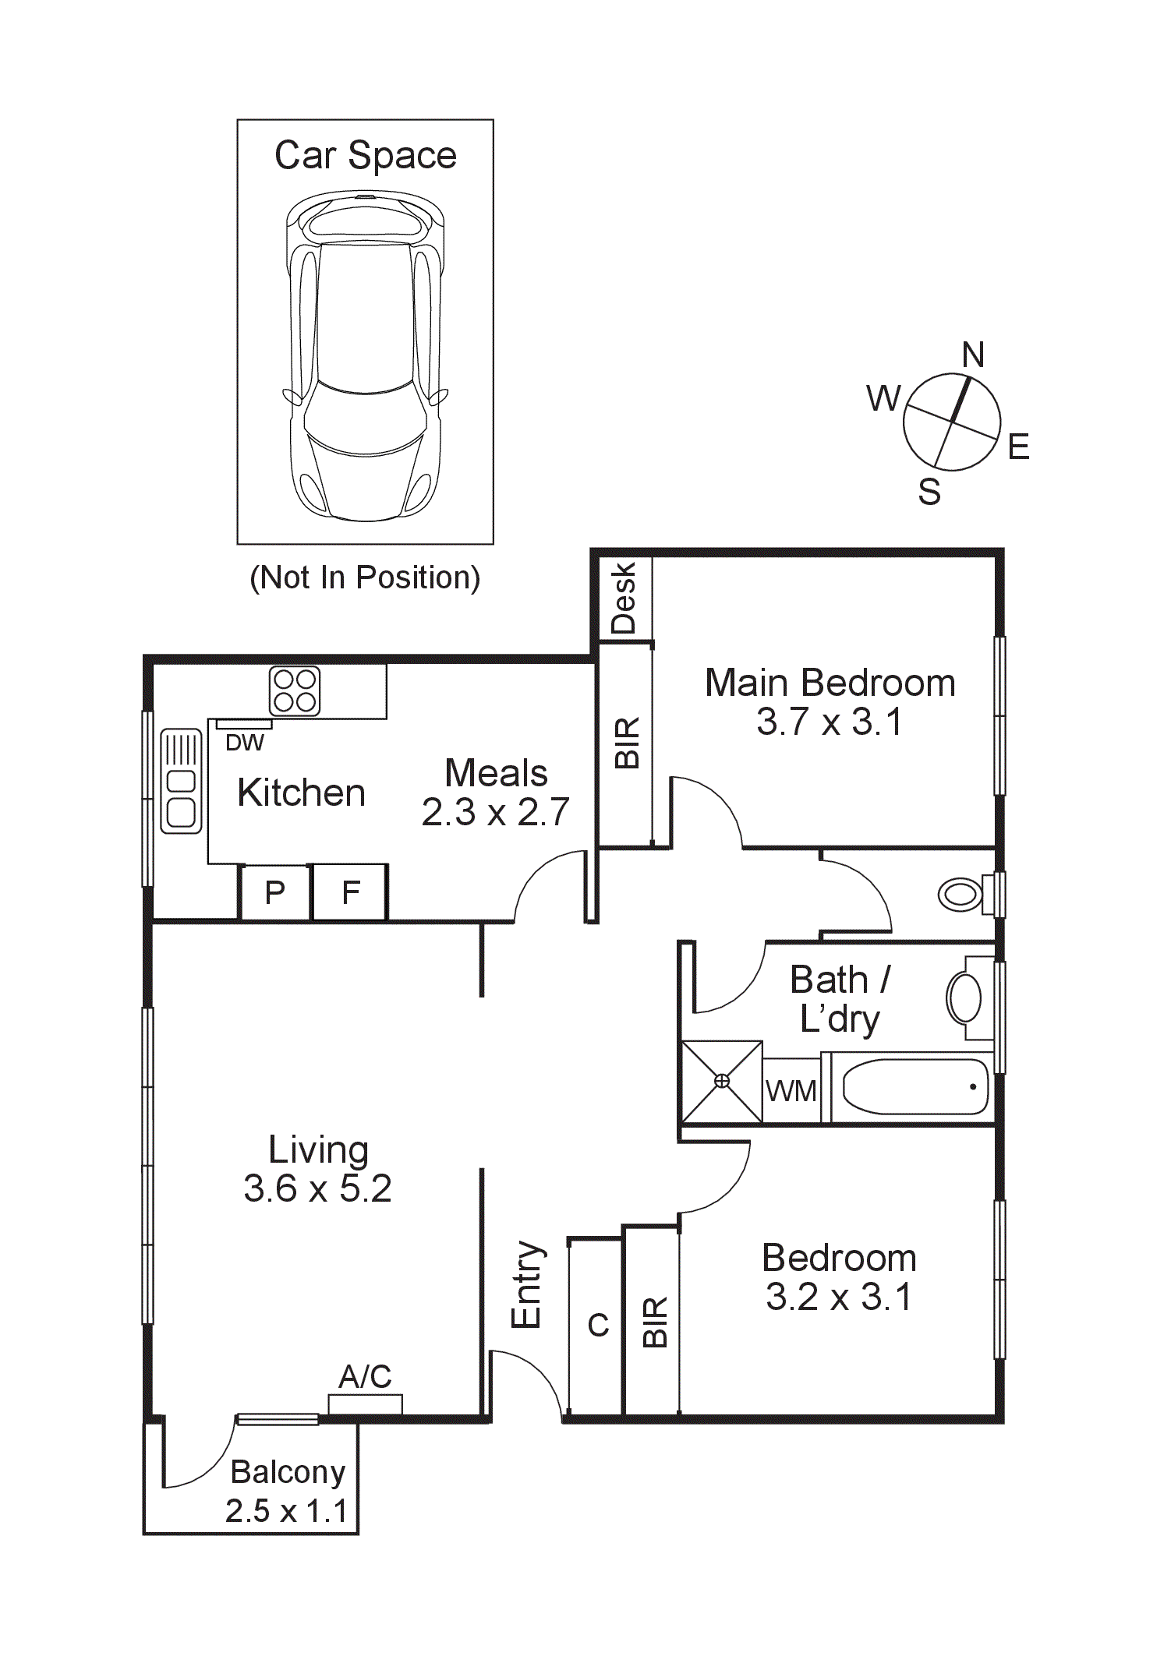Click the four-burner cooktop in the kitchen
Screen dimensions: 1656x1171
click(x=295, y=690)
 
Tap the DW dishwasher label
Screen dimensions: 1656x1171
click(x=244, y=743)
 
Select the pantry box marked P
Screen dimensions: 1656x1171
click(x=274, y=892)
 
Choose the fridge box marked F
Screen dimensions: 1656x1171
click(x=351, y=892)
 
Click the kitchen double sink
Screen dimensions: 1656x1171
click(x=181, y=781)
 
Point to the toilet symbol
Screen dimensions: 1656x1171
click(x=963, y=894)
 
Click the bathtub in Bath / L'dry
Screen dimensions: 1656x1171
click(x=915, y=1087)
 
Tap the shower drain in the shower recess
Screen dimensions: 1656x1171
click(x=722, y=1081)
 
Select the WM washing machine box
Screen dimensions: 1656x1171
click(x=791, y=1091)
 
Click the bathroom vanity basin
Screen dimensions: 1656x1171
click(x=965, y=998)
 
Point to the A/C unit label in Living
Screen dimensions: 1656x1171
click(x=365, y=1377)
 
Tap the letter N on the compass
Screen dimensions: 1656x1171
click(x=973, y=355)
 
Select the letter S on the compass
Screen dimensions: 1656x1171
click(x=929, y=492)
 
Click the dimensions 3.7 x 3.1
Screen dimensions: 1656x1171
click(x=829, y=722)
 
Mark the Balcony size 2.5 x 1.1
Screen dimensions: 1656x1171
click(x=286, y=1510)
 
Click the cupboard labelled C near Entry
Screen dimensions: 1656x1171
click(x=597, y=1325)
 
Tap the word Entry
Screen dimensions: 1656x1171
click(x=526, y=1284)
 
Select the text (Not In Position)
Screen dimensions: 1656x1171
click(x=365, y=577)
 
